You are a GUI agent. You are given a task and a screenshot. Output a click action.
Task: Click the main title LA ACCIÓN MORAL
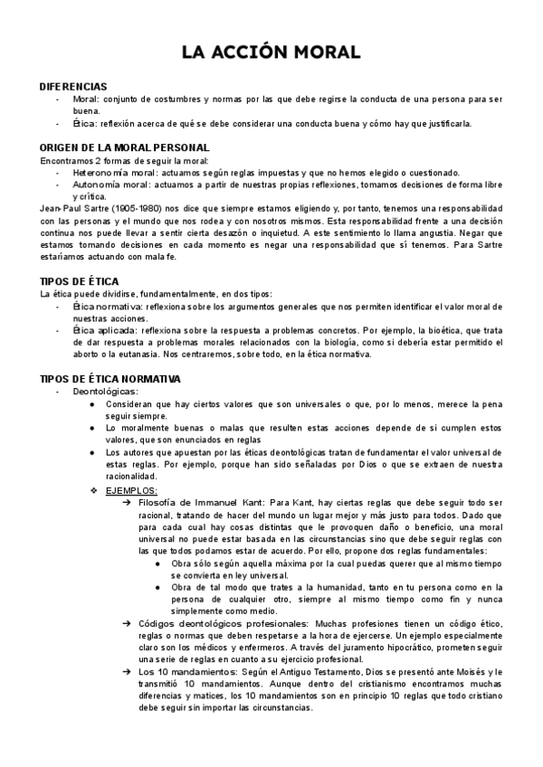pos(271,52)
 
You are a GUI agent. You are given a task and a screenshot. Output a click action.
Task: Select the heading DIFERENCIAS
pos(73,86)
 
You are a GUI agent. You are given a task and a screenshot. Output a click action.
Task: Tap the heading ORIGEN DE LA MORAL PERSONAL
pos(125,147)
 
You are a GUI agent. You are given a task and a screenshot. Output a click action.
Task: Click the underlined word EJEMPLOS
pos(131,489)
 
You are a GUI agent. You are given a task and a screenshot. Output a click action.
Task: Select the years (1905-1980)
pos(136,209)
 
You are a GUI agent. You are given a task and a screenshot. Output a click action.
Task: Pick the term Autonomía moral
pos(104,184)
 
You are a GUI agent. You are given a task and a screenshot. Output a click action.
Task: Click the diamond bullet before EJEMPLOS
pos(93,489)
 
